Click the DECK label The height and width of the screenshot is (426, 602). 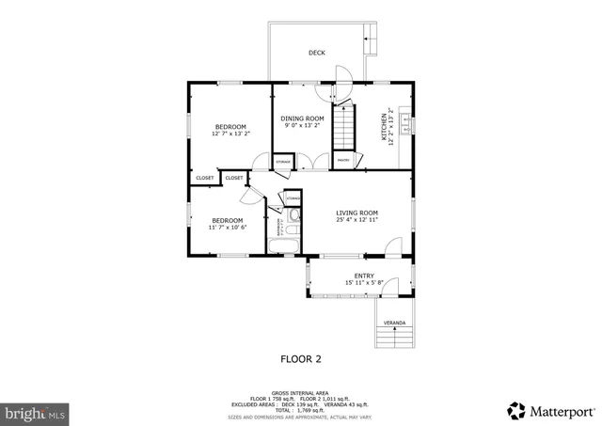pyautogui.click(x=317, y=53)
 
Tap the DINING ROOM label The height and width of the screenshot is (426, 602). pyautogui.click(x=302, y=118)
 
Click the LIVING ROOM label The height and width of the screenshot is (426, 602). pyautogui.click(x=356, y=213)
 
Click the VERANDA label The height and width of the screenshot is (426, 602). pyautogui.click(x=394, y=323)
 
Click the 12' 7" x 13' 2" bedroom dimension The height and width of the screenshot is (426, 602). pyautogui.click(x=230, y=134)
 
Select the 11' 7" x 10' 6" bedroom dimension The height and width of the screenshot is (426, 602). pyautogui.click(x=228, y=228)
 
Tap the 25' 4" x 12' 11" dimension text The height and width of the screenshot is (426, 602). pyautogui.click(x=356, y=220)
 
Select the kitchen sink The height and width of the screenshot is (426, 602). pyautogui.click(x=405, y=121)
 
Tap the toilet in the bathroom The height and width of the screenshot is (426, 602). pyautogui.click(x=293, y=217)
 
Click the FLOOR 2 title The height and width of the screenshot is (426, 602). pyautogui.click(x=301, y=358)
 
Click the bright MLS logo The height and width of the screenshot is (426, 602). pyautogui.click(x=35, y=412)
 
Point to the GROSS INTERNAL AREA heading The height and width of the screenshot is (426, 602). pyautogui.click(x=300, y=392)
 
